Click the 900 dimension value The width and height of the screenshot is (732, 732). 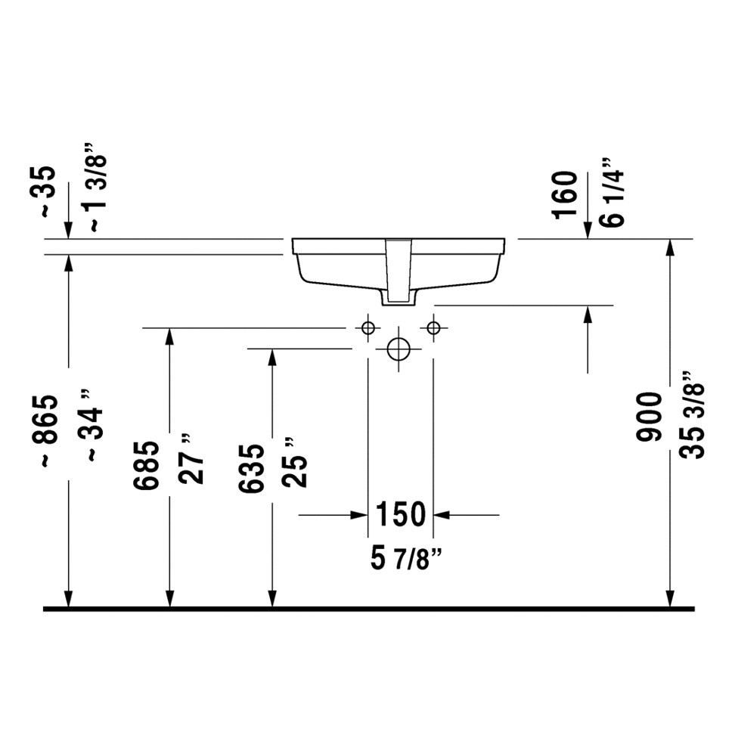[650, 417]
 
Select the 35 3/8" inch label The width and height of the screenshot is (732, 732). [693, 415]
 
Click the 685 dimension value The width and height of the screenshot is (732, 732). [147, 465]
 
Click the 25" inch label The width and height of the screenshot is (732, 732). [296, 463]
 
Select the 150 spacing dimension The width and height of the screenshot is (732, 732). [401, 515]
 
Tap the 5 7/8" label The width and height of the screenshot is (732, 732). [406, 560]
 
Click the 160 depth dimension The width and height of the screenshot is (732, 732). [565, 194]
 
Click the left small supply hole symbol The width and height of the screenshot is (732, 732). [368, 327]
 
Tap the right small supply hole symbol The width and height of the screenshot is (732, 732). [433, 327]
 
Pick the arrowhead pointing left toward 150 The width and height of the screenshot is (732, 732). [441, 515]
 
